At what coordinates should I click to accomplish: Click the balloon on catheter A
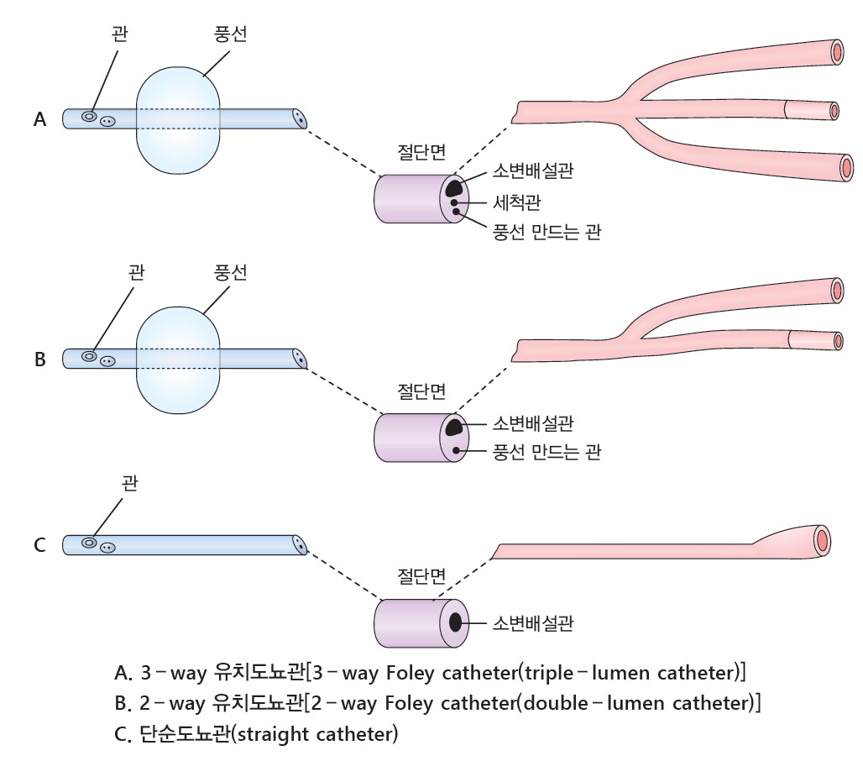tap(178, 119)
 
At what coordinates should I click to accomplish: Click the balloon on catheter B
tap(178, 359)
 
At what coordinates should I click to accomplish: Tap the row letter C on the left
tap(39, 545)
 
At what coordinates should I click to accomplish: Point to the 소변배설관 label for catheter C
tap(534, 623)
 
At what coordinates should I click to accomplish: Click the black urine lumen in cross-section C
tap(456, 622)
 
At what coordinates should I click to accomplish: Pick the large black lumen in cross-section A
tap(454, 187)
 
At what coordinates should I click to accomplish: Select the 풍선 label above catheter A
tap(231, 36)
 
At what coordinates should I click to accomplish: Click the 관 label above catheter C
tap(129, 483)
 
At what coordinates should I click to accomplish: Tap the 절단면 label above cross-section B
tap(421, 391)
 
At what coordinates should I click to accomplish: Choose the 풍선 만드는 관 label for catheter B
tap(547, 453)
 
